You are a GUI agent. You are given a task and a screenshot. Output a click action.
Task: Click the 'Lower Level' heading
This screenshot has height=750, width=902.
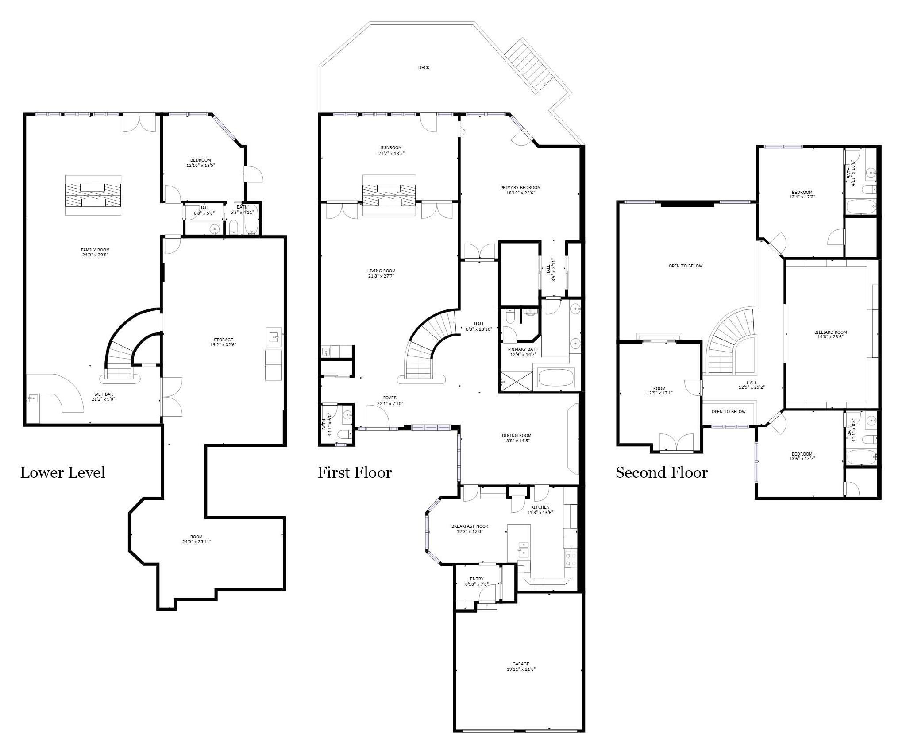pos(63,472)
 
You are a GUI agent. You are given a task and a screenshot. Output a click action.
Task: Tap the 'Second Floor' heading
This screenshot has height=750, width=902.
pos(662,472)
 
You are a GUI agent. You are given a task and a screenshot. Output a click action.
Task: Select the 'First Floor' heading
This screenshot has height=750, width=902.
pos(355,472)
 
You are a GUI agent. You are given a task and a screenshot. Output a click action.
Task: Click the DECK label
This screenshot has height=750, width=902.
pos(424,68)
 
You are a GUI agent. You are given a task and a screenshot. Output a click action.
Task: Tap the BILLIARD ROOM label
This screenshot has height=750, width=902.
pos(830,332)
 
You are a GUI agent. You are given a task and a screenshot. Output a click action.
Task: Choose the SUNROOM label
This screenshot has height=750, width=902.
pos(391,148)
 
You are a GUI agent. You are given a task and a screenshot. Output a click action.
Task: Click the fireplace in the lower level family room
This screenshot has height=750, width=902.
pos(93,195)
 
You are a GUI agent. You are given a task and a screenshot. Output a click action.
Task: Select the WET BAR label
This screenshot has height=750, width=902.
pos(103,394)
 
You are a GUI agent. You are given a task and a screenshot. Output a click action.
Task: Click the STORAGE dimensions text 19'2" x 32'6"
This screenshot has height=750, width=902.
pos(223,344)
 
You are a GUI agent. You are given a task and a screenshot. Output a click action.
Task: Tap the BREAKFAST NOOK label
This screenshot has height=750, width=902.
pos(470,526)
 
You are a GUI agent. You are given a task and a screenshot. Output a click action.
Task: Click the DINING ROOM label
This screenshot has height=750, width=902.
pos(517,436)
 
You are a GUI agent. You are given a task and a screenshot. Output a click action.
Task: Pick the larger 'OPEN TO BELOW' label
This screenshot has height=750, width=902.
pos(686,266)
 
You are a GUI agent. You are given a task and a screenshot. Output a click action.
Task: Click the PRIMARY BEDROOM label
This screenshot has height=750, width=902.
pos(520,188)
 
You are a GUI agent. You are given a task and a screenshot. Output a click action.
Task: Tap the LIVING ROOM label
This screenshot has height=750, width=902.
pos(381,271)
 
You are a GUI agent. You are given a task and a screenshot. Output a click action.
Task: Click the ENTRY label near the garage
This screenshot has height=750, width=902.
pos(477,579)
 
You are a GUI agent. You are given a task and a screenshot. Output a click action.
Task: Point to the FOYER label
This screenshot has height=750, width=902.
pos(390,398)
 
